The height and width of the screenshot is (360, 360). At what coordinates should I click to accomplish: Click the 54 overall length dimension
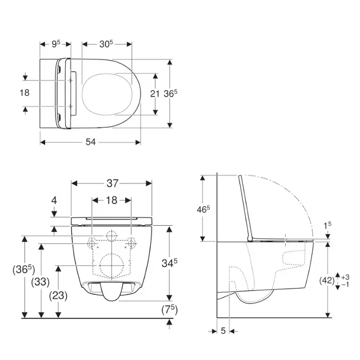(x=90, y=142)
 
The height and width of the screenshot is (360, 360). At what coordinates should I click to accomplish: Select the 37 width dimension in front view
(x=112, y=183)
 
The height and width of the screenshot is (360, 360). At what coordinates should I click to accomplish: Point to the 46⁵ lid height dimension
(x=204, y=209)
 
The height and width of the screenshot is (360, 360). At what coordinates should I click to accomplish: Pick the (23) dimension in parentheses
(x=58, y=295)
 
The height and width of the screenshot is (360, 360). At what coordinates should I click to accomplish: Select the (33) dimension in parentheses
(x=41, y=281)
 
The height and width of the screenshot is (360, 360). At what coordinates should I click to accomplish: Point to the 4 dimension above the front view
(x=54, y=200)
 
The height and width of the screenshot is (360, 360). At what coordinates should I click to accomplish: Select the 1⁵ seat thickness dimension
(x=327, y=226)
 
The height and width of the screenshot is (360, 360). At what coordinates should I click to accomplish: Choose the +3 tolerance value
(x=345, y=277)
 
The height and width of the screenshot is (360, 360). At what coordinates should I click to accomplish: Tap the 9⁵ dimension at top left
(x=55, y=43)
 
